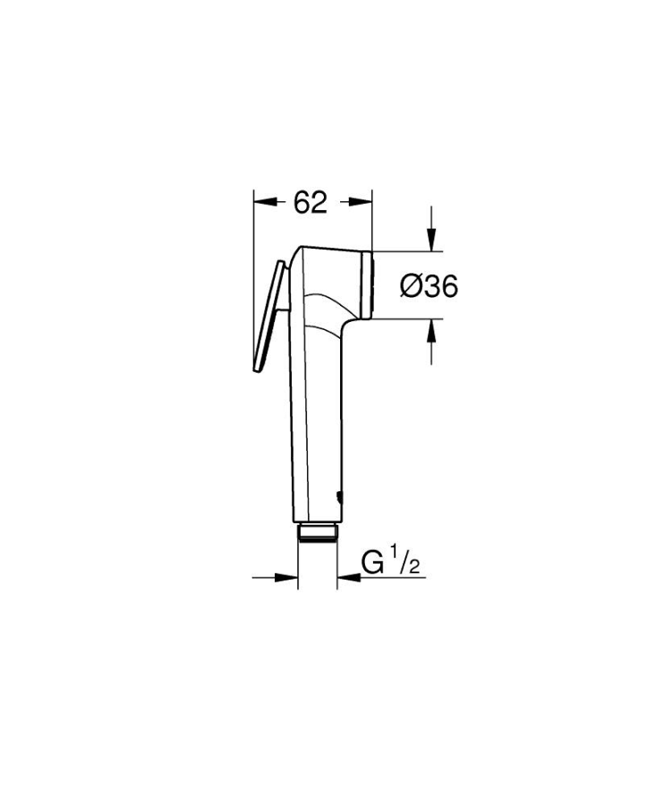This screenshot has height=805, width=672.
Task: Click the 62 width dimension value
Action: click(310, 203)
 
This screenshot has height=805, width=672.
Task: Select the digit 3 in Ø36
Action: click(427, 286)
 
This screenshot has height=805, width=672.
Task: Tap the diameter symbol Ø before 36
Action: click(408, 286)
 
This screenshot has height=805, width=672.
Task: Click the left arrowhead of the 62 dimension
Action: click(261, 203)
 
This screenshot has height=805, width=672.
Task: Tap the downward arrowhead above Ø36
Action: click(432, 240)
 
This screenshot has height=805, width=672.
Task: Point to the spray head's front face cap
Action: click(369, 282)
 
